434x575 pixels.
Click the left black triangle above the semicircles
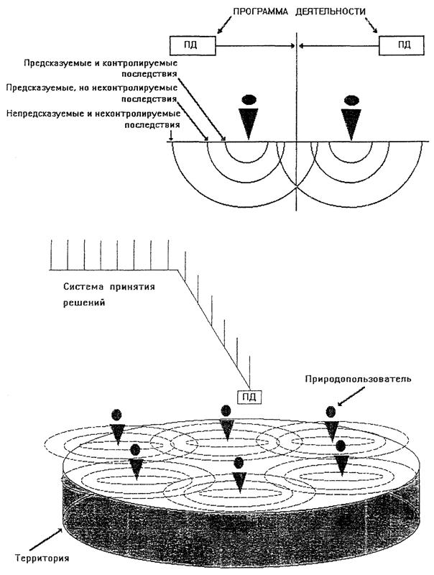click(x=249, y=123)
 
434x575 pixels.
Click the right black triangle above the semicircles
click(x=351, y=123)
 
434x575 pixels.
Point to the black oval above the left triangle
click(x=249, y=98)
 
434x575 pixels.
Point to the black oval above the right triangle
click(x=351, y=98)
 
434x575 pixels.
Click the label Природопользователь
click(x=357, y=379)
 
